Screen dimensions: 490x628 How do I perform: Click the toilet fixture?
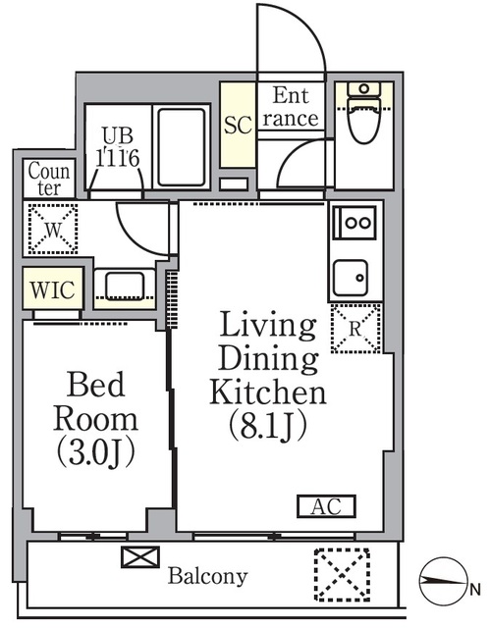tap(363, 113)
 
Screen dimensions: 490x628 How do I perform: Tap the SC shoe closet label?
tap(238, 125)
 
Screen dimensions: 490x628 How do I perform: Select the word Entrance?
tap(291, 107)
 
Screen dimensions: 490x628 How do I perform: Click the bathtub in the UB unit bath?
tap(182, 146)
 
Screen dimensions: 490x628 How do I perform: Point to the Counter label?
tap(49, 179)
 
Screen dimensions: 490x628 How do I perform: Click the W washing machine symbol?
tap(53, 229)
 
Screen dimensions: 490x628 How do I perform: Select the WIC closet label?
tap(52, 290)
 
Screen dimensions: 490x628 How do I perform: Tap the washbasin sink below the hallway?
tap(125, 286)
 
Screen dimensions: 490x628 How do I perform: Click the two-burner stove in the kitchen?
tap(354, 223)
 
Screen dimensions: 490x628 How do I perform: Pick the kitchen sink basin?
tap(351, 278)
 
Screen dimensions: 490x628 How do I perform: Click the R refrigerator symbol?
tap(355, 329)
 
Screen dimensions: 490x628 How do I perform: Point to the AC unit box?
tap(326, 506)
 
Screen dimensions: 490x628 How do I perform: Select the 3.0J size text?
tap(96, 453)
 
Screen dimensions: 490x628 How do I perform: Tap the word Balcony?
tap(207, 577)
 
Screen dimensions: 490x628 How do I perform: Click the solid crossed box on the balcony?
tap(139, 557)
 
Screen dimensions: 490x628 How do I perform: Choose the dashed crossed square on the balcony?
tap(342, 575)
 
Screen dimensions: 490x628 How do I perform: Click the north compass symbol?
tap(444, 580)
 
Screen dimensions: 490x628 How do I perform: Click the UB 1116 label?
tap(118, 147)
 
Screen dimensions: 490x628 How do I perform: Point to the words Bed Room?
tap(96, 401)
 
